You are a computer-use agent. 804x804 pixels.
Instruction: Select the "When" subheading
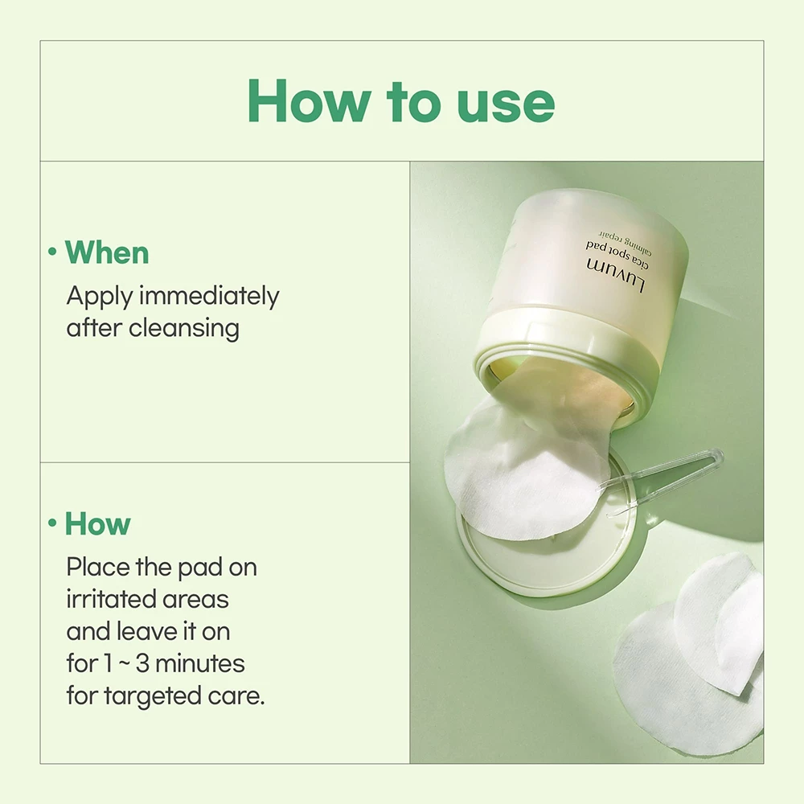(x=107, y=252)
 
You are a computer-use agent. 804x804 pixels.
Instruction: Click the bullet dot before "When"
(x=52, y=252)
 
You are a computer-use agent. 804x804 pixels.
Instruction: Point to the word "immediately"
(x=209, y=296)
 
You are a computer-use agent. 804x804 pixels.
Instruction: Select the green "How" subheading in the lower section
(x=97, y=523)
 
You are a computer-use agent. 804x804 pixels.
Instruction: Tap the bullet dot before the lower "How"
(x=52, y=523)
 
